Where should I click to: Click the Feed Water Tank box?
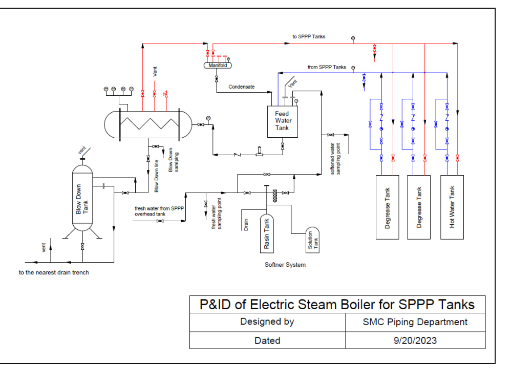(x=282, y=121)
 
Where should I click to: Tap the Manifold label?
(x=218, y=66)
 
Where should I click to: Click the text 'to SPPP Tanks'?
(x=309, y=37)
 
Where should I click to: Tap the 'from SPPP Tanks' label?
(x=327, y=67)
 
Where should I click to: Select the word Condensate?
(x=241, y=87)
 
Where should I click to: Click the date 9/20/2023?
(x=415, y=340)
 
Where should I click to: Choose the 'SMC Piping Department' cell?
(x=415, y=322)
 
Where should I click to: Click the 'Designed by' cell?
(x=267, y=322)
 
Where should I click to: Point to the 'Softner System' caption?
(x=285, y=265)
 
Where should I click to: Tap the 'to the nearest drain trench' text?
(x=54, y=272)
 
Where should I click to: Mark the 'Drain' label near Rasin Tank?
(x=246, y=224)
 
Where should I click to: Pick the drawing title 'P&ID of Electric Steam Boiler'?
(x=337, y=305)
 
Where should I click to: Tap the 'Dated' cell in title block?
(x=267, y=340)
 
